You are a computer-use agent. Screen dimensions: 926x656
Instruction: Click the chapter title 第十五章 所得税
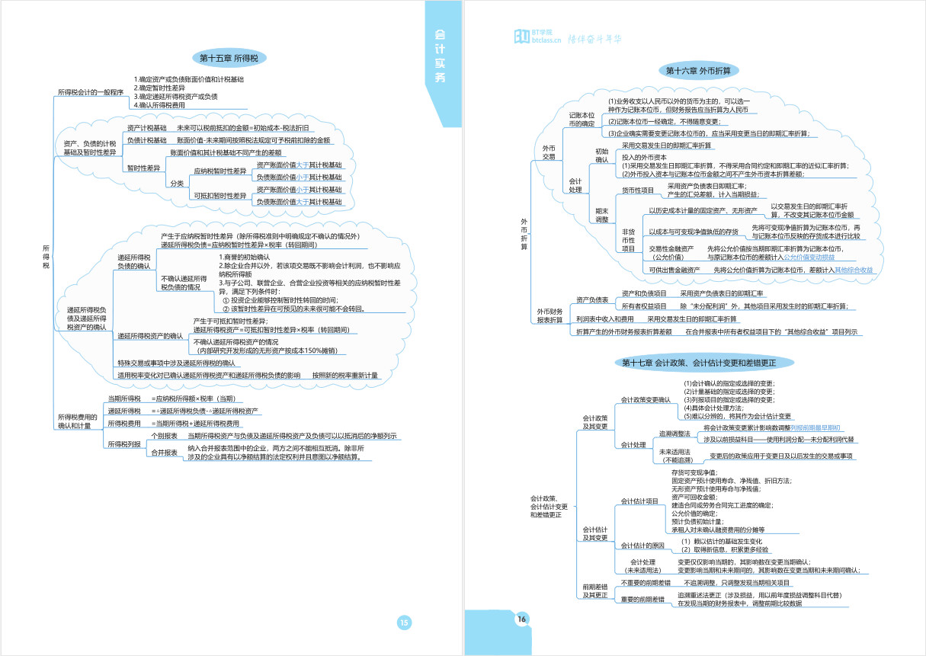(228, 58)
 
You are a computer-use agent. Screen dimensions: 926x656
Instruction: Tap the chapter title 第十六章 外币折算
(698, 71)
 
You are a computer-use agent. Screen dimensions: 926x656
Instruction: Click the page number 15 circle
(405, 622)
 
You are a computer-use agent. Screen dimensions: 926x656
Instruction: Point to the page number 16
(522, 619)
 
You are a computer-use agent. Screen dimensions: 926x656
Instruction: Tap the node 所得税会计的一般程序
(90, 92)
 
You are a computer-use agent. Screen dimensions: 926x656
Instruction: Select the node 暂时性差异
(143, 168)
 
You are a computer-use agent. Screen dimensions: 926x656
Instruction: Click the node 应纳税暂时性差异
(220, 171)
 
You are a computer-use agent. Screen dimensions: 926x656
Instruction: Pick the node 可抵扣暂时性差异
(220, 196)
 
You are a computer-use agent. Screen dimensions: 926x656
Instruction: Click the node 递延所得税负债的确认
(133, 262)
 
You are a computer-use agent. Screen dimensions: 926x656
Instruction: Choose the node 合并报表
(165, 453)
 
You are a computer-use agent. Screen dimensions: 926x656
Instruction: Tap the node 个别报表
(165, 436)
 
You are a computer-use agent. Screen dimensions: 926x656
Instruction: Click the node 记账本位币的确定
(582, 119)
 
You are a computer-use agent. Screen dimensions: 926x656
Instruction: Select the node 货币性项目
(638, 190)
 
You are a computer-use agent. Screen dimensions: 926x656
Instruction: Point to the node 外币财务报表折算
(550, 316)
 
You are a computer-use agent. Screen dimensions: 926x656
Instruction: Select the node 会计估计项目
(639, 501)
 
